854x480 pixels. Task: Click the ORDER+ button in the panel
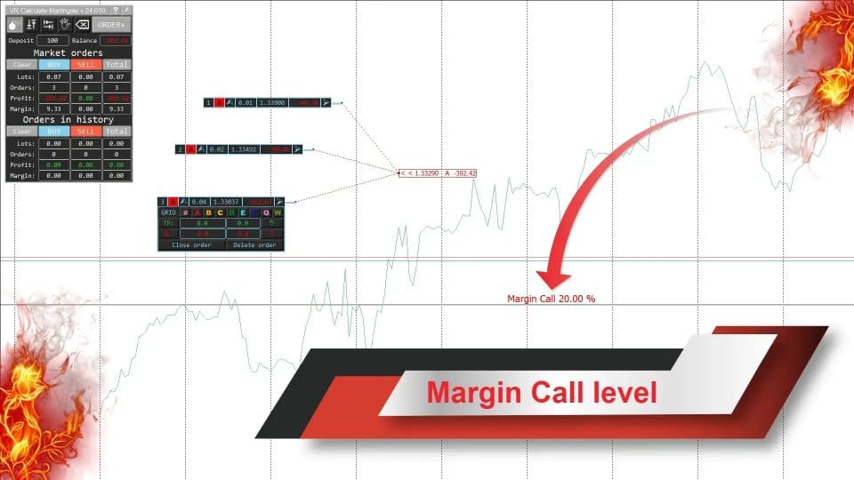(111, 24)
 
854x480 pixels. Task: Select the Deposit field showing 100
(52, 40)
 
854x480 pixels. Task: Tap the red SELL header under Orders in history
(85, 131)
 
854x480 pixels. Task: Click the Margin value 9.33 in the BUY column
(53, 108)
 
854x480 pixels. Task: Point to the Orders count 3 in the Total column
(117, 87)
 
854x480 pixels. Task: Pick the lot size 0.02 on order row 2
(216, 149)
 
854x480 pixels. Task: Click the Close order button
(191, 244)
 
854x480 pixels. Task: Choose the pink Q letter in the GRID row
(266, 212)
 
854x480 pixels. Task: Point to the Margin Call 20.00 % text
(551, 299)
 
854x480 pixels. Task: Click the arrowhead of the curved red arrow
(545, 281)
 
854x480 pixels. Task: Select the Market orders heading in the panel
(68, 52)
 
